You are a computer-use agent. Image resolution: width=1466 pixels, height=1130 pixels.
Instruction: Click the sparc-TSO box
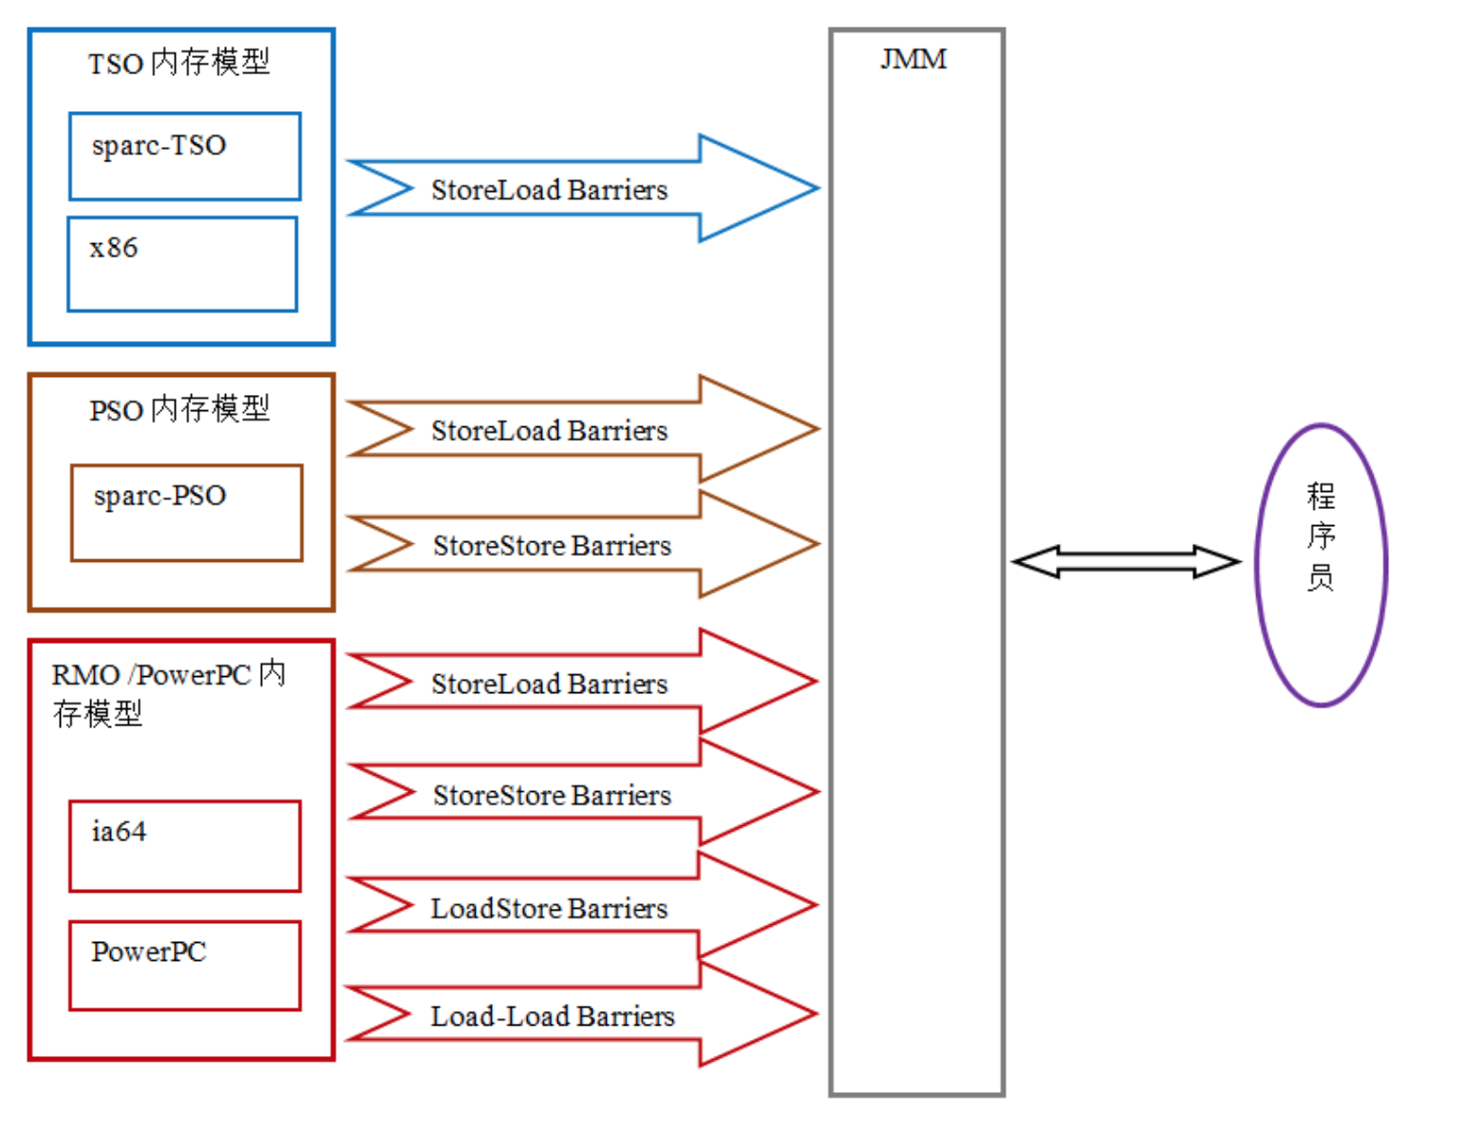(185, 157)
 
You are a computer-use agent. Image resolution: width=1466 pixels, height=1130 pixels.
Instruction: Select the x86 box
(182, 264)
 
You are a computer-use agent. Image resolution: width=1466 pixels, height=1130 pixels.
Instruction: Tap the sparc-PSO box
(187, 513)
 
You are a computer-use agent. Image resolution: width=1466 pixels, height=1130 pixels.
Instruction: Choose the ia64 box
(185, 846)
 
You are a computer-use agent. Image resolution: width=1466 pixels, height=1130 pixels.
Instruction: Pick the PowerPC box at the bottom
(185, 965)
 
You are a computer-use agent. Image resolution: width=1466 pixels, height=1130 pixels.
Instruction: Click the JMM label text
(913, 59)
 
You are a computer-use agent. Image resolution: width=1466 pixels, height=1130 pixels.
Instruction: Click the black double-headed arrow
(1126, 561)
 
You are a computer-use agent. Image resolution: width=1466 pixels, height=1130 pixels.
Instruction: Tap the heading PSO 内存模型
(179, 409)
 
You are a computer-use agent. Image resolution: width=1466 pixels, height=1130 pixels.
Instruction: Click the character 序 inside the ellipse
(1321, 536)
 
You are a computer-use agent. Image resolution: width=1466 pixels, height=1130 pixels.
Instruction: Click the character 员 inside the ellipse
(1321, 576)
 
